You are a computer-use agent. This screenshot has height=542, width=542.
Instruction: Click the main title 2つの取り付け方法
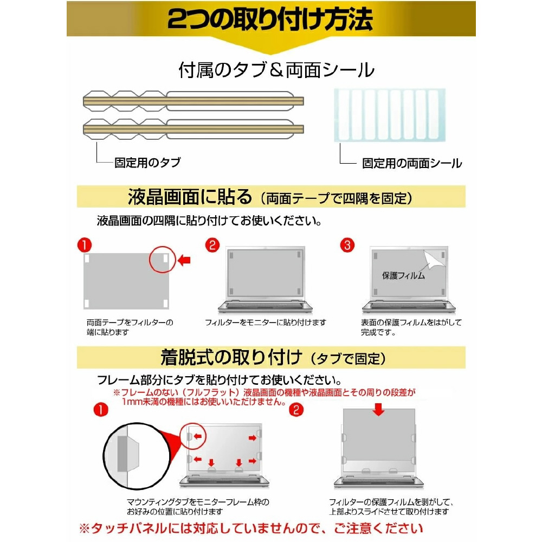point(270,19)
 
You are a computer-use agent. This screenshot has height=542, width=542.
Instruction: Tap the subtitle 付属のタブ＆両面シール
point(276,70)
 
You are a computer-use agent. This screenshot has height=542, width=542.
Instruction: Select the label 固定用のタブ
point(147,162)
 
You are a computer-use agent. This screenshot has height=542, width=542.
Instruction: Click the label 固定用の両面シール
point(412,163)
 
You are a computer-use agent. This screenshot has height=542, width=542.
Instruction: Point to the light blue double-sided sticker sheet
point(390,115)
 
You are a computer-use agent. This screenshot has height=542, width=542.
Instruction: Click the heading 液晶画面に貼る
point(190,197)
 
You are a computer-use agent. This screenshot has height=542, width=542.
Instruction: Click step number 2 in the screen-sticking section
point(212,245)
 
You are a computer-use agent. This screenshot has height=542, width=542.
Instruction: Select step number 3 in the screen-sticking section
point(347,245)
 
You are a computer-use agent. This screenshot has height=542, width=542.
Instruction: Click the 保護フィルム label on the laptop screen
point(403,275)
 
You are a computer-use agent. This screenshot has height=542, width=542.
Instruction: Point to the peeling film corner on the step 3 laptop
point(434,259)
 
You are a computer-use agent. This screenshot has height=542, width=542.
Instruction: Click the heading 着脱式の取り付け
point(231,357)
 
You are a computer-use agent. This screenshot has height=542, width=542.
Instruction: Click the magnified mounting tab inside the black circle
point(128,454)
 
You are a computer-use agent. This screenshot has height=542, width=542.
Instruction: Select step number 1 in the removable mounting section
point(101,410)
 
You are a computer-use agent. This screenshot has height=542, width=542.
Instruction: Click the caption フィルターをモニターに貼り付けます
point(266,322)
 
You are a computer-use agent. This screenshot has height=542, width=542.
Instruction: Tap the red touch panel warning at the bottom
point(251,528)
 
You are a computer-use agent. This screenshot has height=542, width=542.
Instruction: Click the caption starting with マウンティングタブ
point(198,507)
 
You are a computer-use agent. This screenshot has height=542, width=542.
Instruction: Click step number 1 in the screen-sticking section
point(85,245)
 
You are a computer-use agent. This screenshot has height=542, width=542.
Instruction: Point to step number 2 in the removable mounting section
point(296,410)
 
